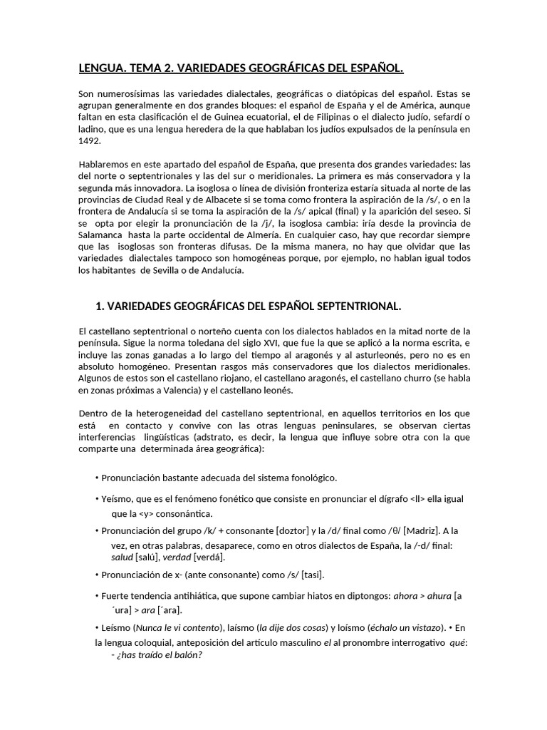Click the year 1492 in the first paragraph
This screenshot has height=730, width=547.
coord(89,141)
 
